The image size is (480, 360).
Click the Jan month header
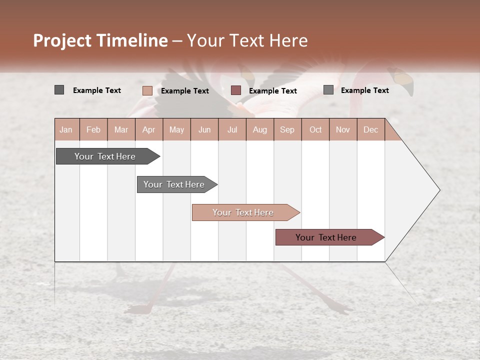click(66, 129)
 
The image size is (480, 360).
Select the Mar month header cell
click(121, 129)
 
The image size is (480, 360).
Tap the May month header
click(176, 129)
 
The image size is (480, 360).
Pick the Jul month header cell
click(232, 129)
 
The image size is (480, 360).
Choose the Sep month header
click(287, 129)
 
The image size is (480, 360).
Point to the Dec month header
click(370, 129)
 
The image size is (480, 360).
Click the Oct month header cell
click(315, 129)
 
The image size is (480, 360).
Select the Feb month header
click(93, 129)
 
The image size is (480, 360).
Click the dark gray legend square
click(59, 90)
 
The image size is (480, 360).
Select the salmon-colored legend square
click(147, 90)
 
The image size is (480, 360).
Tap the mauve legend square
click(236, 90)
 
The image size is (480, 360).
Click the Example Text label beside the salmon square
click(184, 91)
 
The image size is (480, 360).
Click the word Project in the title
click(62, 40)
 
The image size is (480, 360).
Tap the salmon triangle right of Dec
click(391, 133)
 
